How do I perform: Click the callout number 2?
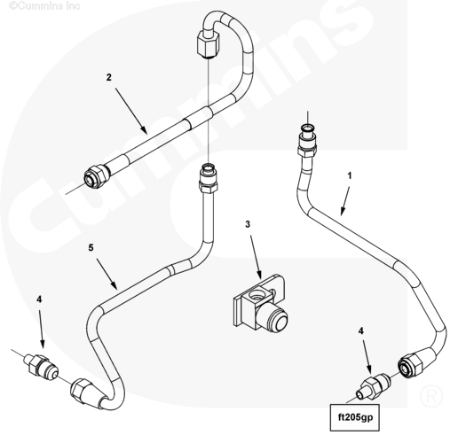coord(109,77)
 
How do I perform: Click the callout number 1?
coord(350,175)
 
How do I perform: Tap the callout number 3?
coord(248,224)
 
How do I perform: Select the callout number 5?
coord(91,247)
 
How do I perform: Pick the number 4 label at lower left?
coord(39,299)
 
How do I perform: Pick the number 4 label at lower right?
coord(360,331)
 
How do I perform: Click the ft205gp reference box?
coord(355,417)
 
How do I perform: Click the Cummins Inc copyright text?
coord(44,5)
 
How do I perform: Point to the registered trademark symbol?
coord(431,396)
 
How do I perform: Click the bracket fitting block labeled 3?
coord(260,304)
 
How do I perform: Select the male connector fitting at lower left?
coord(42,365)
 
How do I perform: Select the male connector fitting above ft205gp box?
coord(374,386)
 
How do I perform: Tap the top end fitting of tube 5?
coord(209,178)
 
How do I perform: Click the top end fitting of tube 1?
coord(307,140)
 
